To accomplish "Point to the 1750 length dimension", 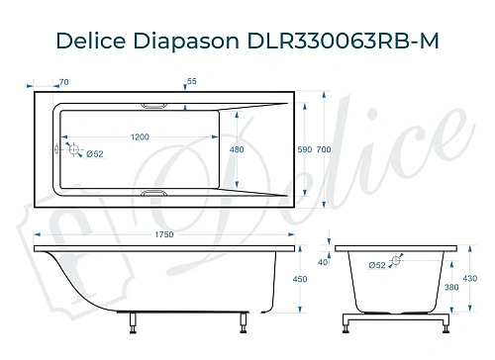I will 163,233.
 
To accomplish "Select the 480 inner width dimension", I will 237,149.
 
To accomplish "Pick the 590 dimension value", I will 305,149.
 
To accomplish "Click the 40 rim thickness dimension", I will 323,262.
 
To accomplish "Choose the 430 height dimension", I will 471,279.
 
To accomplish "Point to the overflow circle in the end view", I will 398,263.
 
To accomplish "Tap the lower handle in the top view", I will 156,194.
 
